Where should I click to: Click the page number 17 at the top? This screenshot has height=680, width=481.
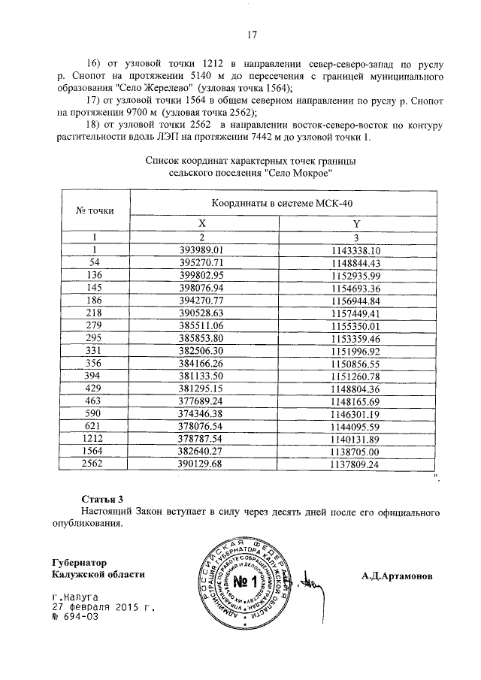click(252, 34)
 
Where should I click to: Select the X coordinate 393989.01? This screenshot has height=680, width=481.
click(204, 249)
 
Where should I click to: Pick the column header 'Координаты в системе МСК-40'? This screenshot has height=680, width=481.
click(280, 204)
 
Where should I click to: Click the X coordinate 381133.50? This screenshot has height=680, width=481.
click(204, 376)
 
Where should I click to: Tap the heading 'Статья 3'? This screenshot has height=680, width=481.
click(101, 498)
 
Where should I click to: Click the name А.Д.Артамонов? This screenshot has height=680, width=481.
click(401, 576)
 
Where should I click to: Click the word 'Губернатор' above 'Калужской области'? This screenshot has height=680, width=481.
click(80, 562)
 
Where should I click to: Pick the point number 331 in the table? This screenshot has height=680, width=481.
click(95, 351)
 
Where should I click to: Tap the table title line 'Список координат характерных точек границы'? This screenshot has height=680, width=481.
click(251, 160)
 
